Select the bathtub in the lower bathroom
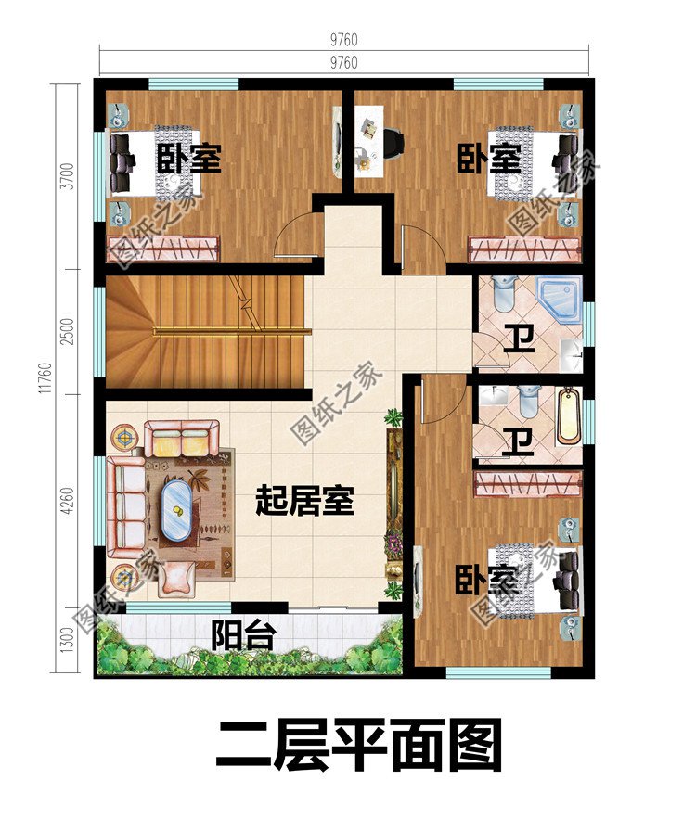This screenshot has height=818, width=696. (567, 416)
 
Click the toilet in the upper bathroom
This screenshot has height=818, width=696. (503, 293)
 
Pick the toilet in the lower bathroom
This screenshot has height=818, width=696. (529, 402)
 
